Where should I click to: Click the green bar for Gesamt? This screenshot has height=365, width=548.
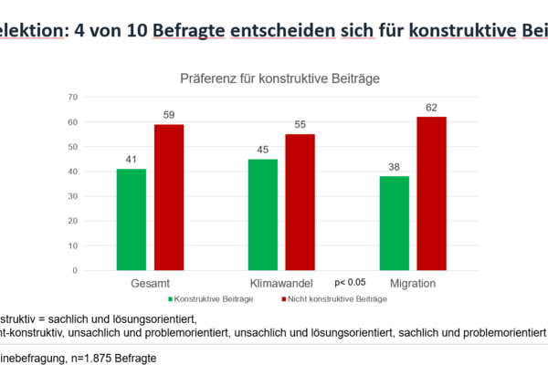(x=131, y=220)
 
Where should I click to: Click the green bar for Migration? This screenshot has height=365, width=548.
(x=394, y=224)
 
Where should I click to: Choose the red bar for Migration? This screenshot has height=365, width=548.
(x=431, y=193)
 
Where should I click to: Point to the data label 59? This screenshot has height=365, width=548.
(x=169, y=116)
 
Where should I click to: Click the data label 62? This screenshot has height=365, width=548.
(x=431, y=108)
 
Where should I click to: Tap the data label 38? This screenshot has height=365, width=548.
(x=394, y=168)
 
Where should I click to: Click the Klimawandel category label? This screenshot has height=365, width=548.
(x=283, y=284)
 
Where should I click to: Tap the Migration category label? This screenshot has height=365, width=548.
(x=413, y=284)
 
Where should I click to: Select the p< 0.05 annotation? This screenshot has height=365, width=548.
(x=350, y=283)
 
